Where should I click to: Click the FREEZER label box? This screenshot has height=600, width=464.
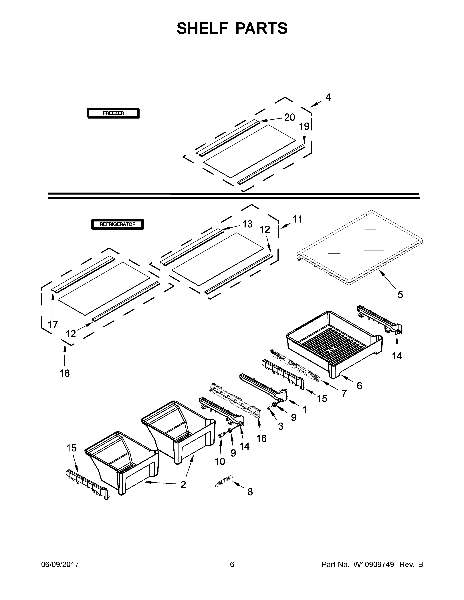coord(113,113)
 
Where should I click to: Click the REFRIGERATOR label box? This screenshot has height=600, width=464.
coord(117,224)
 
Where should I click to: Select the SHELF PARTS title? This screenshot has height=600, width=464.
coord(232,28)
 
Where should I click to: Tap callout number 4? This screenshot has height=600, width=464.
coord(328,97)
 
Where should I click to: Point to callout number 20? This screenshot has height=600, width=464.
coord(289,117)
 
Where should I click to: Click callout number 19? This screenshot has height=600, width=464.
coord(304,126)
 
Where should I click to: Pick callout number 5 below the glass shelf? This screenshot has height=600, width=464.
coord(400,295)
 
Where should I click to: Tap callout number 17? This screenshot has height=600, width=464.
coord(53,324)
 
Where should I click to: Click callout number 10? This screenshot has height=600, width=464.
coord(220,461)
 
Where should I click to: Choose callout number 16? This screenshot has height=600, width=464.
coord(261,439)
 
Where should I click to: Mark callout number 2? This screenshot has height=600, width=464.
coord(183,485)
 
